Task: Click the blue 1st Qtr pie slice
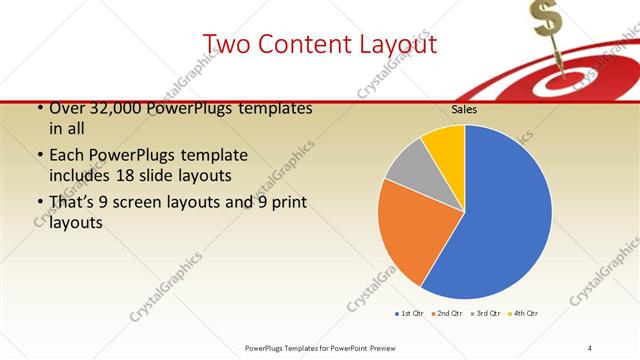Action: (500, 215)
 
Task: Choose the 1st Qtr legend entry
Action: (410, 314)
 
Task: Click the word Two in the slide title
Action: (229, 44)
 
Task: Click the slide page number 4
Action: (589, 347)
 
